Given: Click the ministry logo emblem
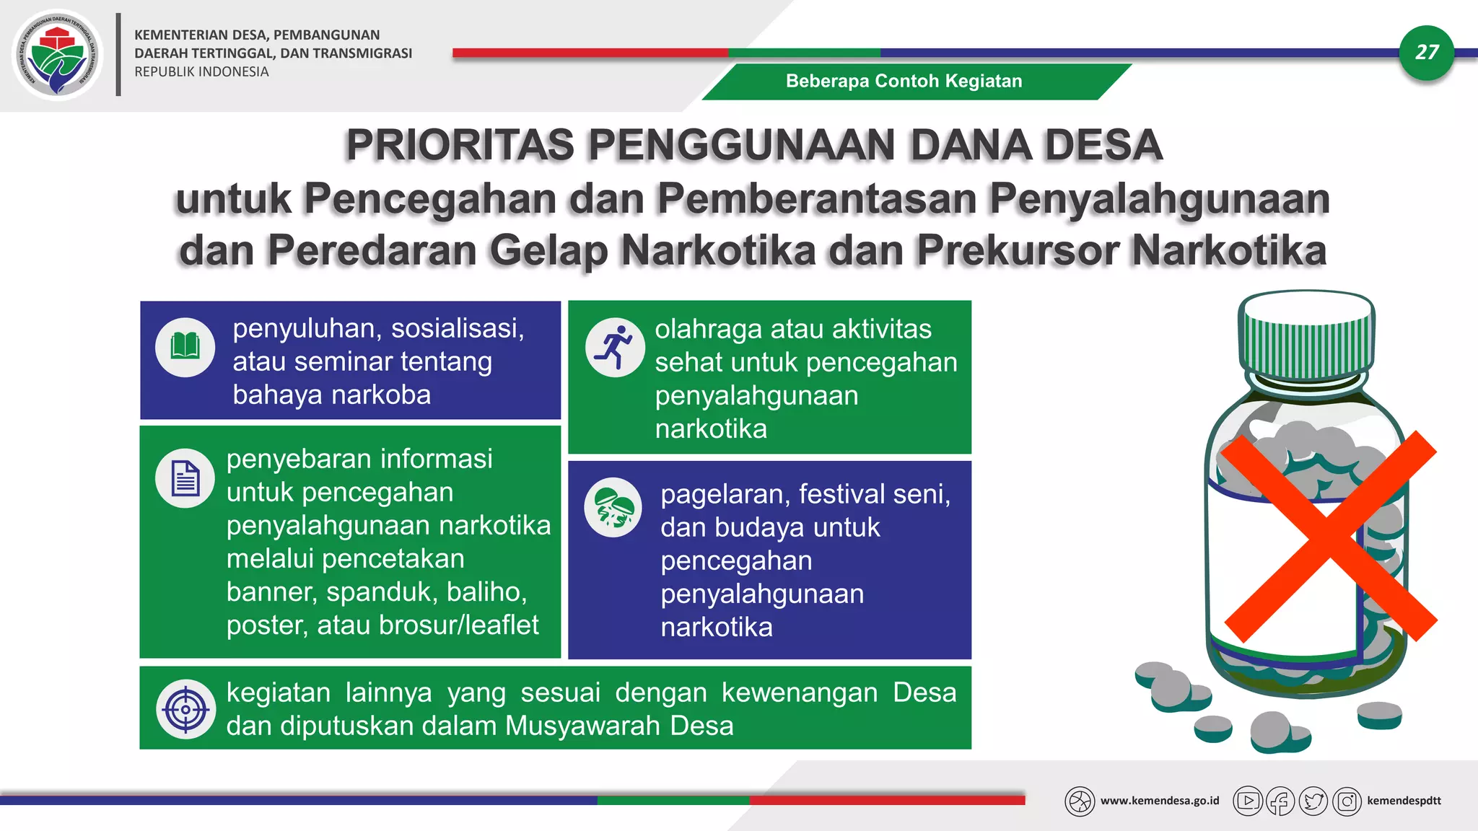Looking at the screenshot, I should (58, 55).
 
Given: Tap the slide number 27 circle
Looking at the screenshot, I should (1426, 52).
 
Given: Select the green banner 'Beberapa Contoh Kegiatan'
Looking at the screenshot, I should (904, 82).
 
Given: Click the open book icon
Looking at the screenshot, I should (185, 347).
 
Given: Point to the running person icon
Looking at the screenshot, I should (615, 347).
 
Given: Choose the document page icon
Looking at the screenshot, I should (185, 478).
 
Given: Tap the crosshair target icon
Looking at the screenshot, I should (185, 709).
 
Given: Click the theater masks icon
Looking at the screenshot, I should (613, 507).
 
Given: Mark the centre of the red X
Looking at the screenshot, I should (1329, 537).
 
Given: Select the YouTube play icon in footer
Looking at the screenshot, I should (1248, 801).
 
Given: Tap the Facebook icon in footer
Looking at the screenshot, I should (1280, 801).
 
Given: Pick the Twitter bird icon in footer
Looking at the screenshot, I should (1313, 801).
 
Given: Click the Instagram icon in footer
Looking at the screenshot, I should (1347, 801).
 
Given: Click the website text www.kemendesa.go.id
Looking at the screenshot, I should (1159, 801).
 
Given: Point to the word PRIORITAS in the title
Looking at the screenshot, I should (459, 145).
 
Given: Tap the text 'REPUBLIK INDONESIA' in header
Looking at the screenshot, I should (201, 72).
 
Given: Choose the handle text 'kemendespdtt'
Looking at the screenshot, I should (1404, 801).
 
